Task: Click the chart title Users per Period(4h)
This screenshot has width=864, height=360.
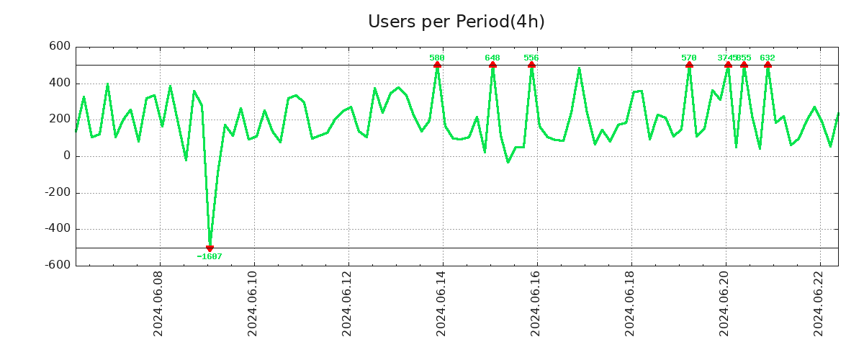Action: [456, 22]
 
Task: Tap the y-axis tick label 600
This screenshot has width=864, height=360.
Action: [60, 47]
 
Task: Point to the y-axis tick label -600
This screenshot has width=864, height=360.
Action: [58, 265]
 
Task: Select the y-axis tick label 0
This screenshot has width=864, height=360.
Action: [67, 156]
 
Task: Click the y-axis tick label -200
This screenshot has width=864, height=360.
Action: [58, 192]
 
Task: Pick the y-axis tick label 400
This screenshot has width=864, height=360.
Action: [60, 84]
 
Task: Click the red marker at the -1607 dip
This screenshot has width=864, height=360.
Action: [210, 248]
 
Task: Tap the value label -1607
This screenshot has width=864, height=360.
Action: [210, 256]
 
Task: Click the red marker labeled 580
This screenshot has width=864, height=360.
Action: [437, 65]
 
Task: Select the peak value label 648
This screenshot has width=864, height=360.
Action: [492, 58]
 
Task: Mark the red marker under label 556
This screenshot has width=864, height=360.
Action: [531, 65]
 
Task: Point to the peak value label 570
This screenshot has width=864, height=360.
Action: [689, 58]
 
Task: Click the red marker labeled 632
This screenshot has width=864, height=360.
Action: [768, 65]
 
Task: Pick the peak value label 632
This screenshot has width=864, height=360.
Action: [768, 58]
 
